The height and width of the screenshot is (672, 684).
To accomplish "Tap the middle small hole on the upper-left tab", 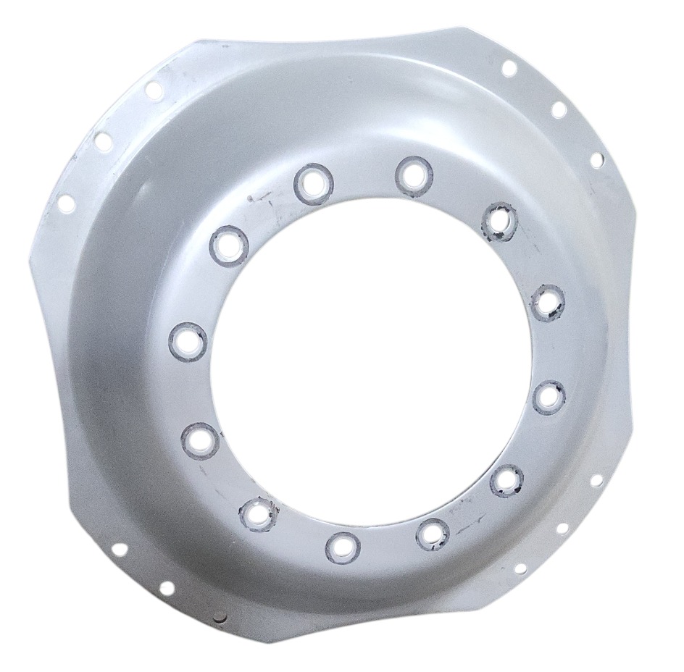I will click(x=104, y=141).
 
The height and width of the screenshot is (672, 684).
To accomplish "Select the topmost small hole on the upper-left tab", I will click(x=153, y=90).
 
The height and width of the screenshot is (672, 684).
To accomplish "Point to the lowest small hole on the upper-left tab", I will click(x=66, y=203).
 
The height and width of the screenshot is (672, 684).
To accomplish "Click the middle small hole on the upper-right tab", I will click(x=558, y=109).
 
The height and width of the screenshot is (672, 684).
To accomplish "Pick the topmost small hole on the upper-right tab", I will click(x=509, y=69).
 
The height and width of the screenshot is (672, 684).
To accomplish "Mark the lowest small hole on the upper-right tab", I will click(x=598, y=160).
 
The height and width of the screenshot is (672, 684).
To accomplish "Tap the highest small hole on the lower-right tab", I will click(x=597, y=480).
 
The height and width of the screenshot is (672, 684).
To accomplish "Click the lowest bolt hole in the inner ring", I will click(x=341, y=545).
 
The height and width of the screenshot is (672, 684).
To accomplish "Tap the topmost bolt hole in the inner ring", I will click(x=414, y=174).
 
